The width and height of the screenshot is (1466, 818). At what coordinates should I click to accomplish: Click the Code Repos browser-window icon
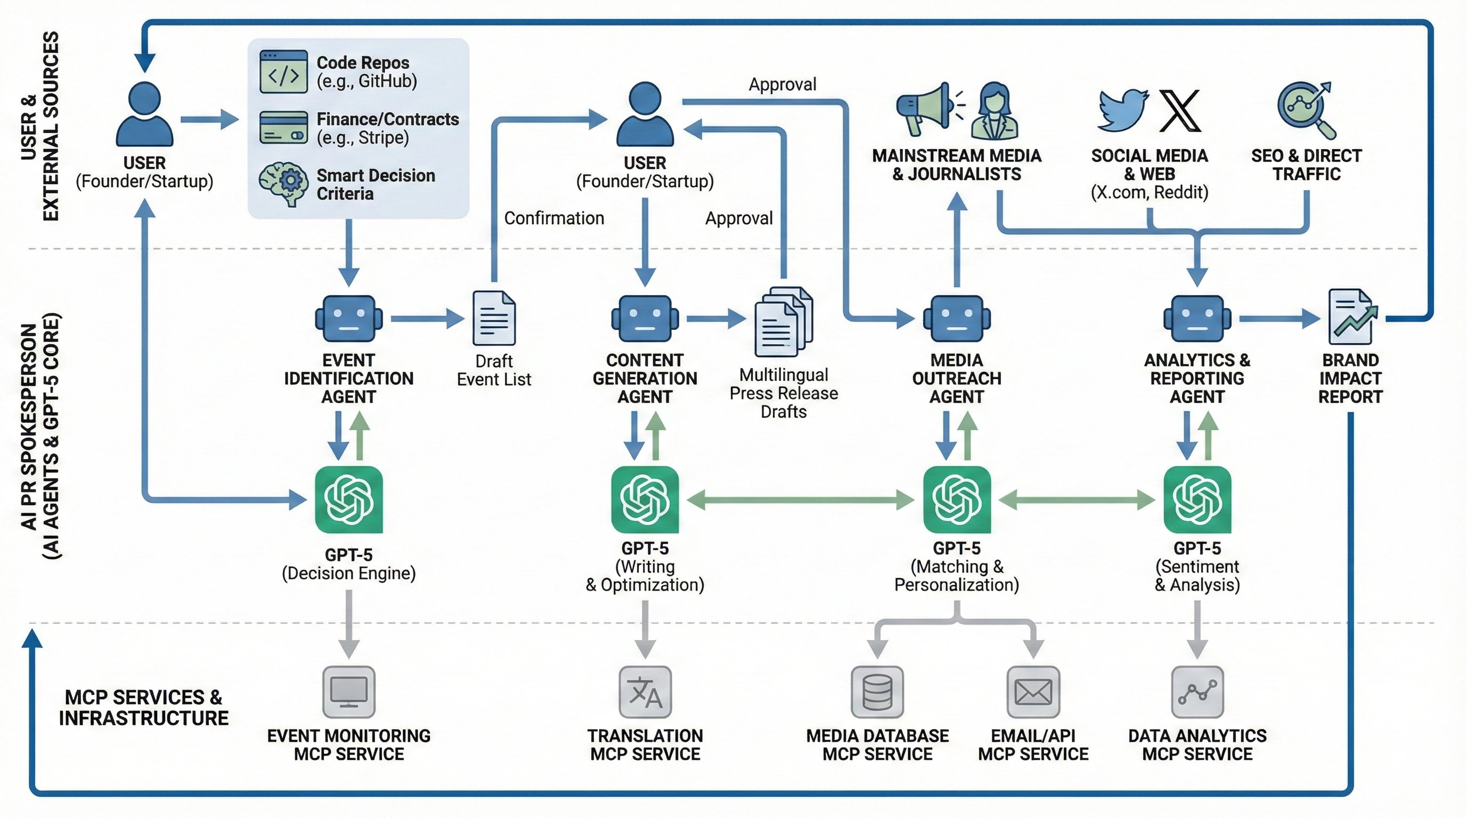click(x=283, y=72)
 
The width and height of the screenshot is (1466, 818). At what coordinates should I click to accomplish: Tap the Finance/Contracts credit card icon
click(x=283, y=127)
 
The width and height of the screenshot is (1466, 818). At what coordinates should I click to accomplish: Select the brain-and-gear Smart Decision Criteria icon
click(x=283, y=183)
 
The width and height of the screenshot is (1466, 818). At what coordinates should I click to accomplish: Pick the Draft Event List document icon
click(x=494, y=318)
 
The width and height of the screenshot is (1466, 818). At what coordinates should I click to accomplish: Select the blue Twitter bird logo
click(x=1122, y=110)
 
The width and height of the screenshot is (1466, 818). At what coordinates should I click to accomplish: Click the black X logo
click(x=1179, y=110)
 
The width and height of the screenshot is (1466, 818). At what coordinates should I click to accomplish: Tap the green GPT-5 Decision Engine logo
click(x=349, y=500)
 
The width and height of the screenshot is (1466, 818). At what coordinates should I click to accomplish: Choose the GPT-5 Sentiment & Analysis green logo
click(x=1197, y=500)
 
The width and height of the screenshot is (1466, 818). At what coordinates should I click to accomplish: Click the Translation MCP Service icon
click(x=645, y=692)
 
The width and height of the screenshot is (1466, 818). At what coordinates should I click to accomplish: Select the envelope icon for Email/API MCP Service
click(x=1033, y=692)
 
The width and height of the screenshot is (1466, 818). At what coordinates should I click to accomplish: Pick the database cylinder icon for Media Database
click(x=877, y=692)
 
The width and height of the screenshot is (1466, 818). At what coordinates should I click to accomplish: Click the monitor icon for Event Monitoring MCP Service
click(x=349, y=692)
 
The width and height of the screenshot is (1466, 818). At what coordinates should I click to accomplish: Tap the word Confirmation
click(x=553, y=218)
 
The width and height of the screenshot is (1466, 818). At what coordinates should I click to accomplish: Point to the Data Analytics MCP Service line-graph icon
click(x=1197, y=692)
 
